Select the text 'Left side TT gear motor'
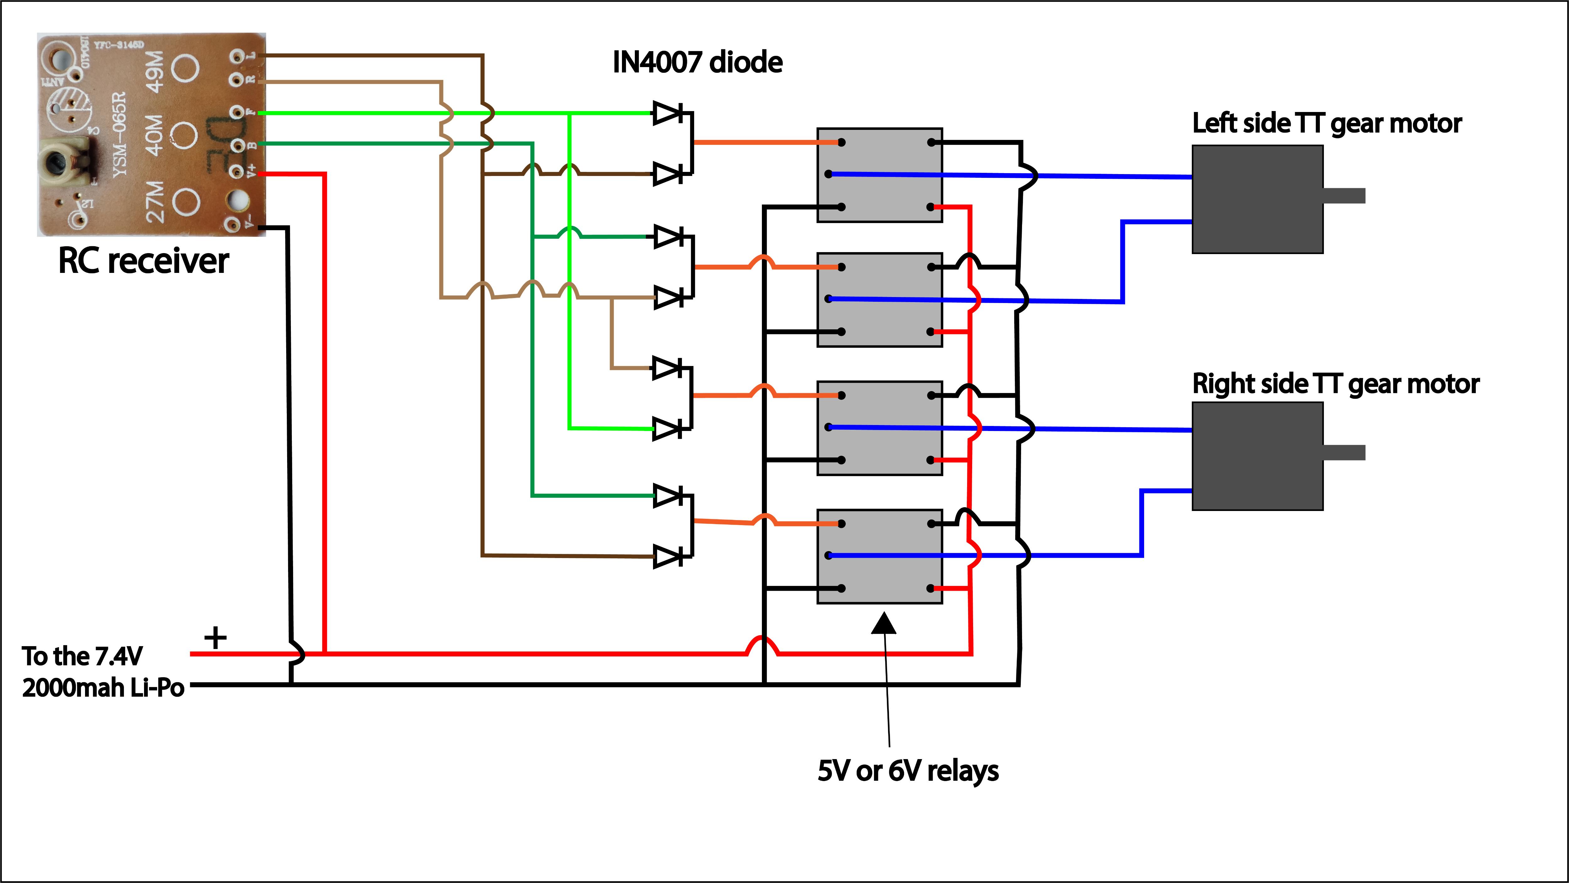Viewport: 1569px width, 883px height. coord(1326,124)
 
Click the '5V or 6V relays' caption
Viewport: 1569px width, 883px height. coord(908,771)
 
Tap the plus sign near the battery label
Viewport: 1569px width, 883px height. coord(215,638)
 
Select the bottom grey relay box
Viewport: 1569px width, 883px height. coord(880,556)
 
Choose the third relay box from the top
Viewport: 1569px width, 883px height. coord(880,428)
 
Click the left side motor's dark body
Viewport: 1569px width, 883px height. coord(1257,199)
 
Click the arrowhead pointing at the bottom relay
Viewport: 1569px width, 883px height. coord(884,624)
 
